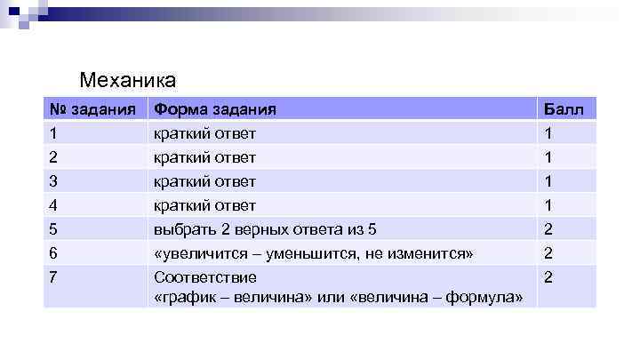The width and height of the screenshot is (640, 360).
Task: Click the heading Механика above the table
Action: pos(128,81)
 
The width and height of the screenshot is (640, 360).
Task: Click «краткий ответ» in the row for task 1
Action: pos(204,133)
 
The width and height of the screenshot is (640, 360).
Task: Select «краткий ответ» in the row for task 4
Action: pos(204,205)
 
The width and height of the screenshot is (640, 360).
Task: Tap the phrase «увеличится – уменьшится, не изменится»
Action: pos(313,253)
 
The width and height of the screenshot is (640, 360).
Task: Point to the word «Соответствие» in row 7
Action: pos(204,277)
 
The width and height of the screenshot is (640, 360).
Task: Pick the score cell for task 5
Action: pos(548,229)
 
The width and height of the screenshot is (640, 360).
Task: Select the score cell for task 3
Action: pos(548,181)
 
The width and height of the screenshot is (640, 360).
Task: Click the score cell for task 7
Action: pos(548,277)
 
